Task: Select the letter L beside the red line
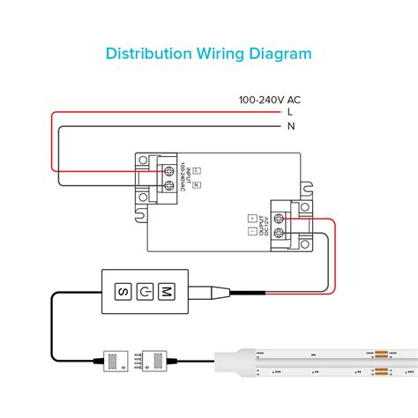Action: (x=289, y=112)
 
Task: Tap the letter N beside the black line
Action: (x=290, y=126)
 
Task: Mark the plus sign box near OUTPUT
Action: (x=251, y=217)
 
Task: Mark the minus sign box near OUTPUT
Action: (x=251, y=232)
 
